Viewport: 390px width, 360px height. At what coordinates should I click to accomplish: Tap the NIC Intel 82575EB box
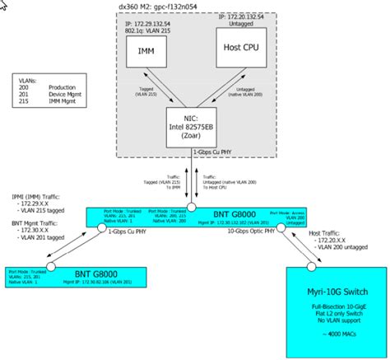pos(192,129)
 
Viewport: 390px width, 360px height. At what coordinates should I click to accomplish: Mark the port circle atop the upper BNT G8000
pos(192,208)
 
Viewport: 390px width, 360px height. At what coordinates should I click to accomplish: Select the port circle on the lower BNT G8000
pos(50,268)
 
